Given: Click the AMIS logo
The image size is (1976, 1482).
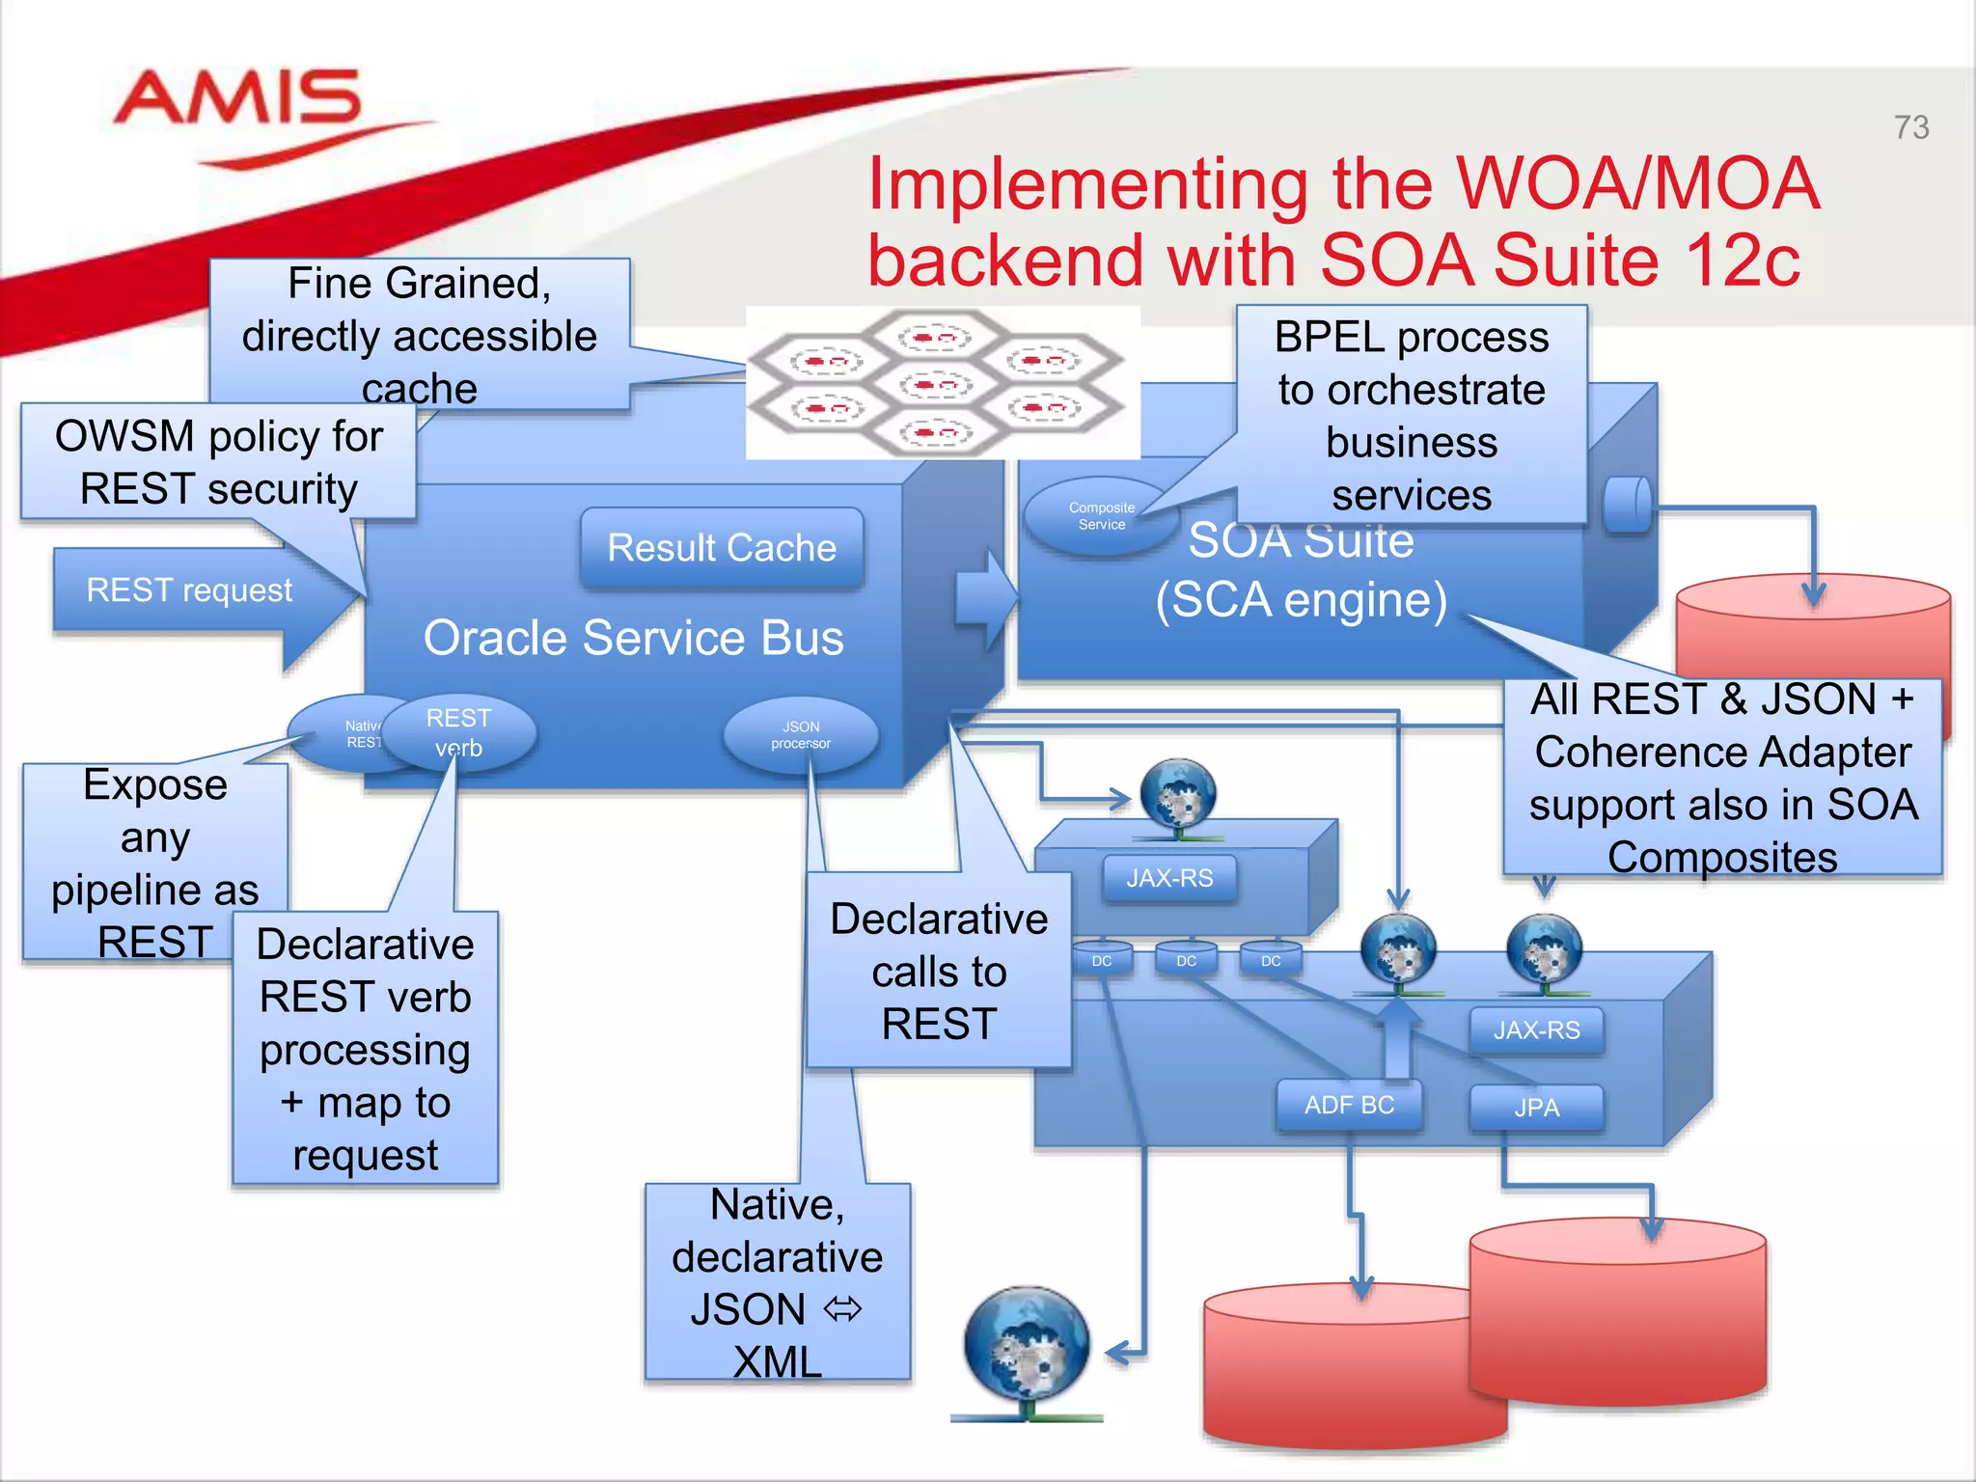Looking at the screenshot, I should [x=238, y=100].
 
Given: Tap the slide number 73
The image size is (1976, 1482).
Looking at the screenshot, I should [x=1910, y=127].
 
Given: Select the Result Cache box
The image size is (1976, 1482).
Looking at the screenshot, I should [x=722, y=548].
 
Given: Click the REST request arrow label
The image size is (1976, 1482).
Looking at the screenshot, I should [x=189, y=590].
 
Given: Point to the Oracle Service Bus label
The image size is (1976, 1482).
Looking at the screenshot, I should [x=633, y=638].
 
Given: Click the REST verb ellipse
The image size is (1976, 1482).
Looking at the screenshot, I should [x=459, y=733].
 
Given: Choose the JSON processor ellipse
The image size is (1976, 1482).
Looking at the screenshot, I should [x=801, y=735].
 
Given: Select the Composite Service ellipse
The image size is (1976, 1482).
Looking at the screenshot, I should [x=1101, y=516].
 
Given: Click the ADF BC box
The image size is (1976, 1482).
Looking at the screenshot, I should [x=1349, y=1105].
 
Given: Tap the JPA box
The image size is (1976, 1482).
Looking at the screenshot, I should [x=1536, y=1108].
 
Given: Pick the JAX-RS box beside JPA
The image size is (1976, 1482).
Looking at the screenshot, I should [x=1536, y=1030].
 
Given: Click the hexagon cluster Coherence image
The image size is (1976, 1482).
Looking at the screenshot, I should [x=941, y=384].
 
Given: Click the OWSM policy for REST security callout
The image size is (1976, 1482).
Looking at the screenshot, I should [x=219, y=462].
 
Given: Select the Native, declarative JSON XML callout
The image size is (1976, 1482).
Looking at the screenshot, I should [x=778, y=1281].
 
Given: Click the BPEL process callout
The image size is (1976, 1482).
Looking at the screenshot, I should [x=1411, y=415].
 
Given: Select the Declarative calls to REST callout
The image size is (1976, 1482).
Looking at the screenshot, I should [x=939, y=971].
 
